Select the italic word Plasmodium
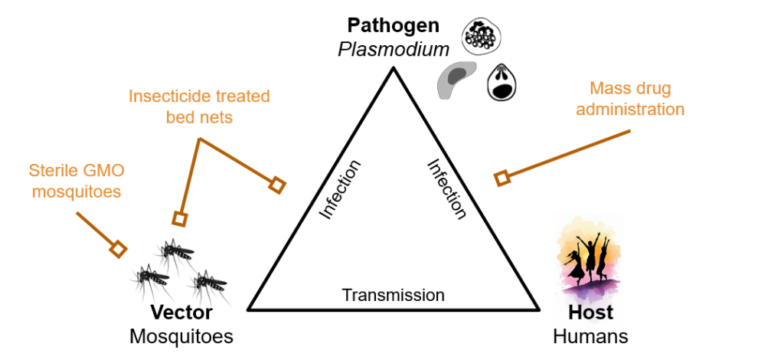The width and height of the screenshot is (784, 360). [x=394, y=50]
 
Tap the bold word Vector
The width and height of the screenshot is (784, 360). [x=181, y=313]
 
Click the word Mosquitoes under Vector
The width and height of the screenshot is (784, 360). [x=181, y=336]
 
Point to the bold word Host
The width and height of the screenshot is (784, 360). [x=590, y=313]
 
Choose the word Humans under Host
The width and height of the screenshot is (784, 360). [x=590, y=336]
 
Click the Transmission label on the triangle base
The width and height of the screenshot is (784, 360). [x=393, y=295]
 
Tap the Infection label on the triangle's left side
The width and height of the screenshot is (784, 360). [x=340, y=189]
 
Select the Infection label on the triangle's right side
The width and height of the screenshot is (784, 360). [x=446, y=189]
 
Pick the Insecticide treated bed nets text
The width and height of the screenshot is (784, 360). [x=199, y=107]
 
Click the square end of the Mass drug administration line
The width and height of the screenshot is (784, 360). [x=502, y=178]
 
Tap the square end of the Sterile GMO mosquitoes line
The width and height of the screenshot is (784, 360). [x=118, y=249]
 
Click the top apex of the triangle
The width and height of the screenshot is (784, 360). [x=393, y=68]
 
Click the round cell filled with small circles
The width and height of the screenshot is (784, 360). [x=481, y=36]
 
